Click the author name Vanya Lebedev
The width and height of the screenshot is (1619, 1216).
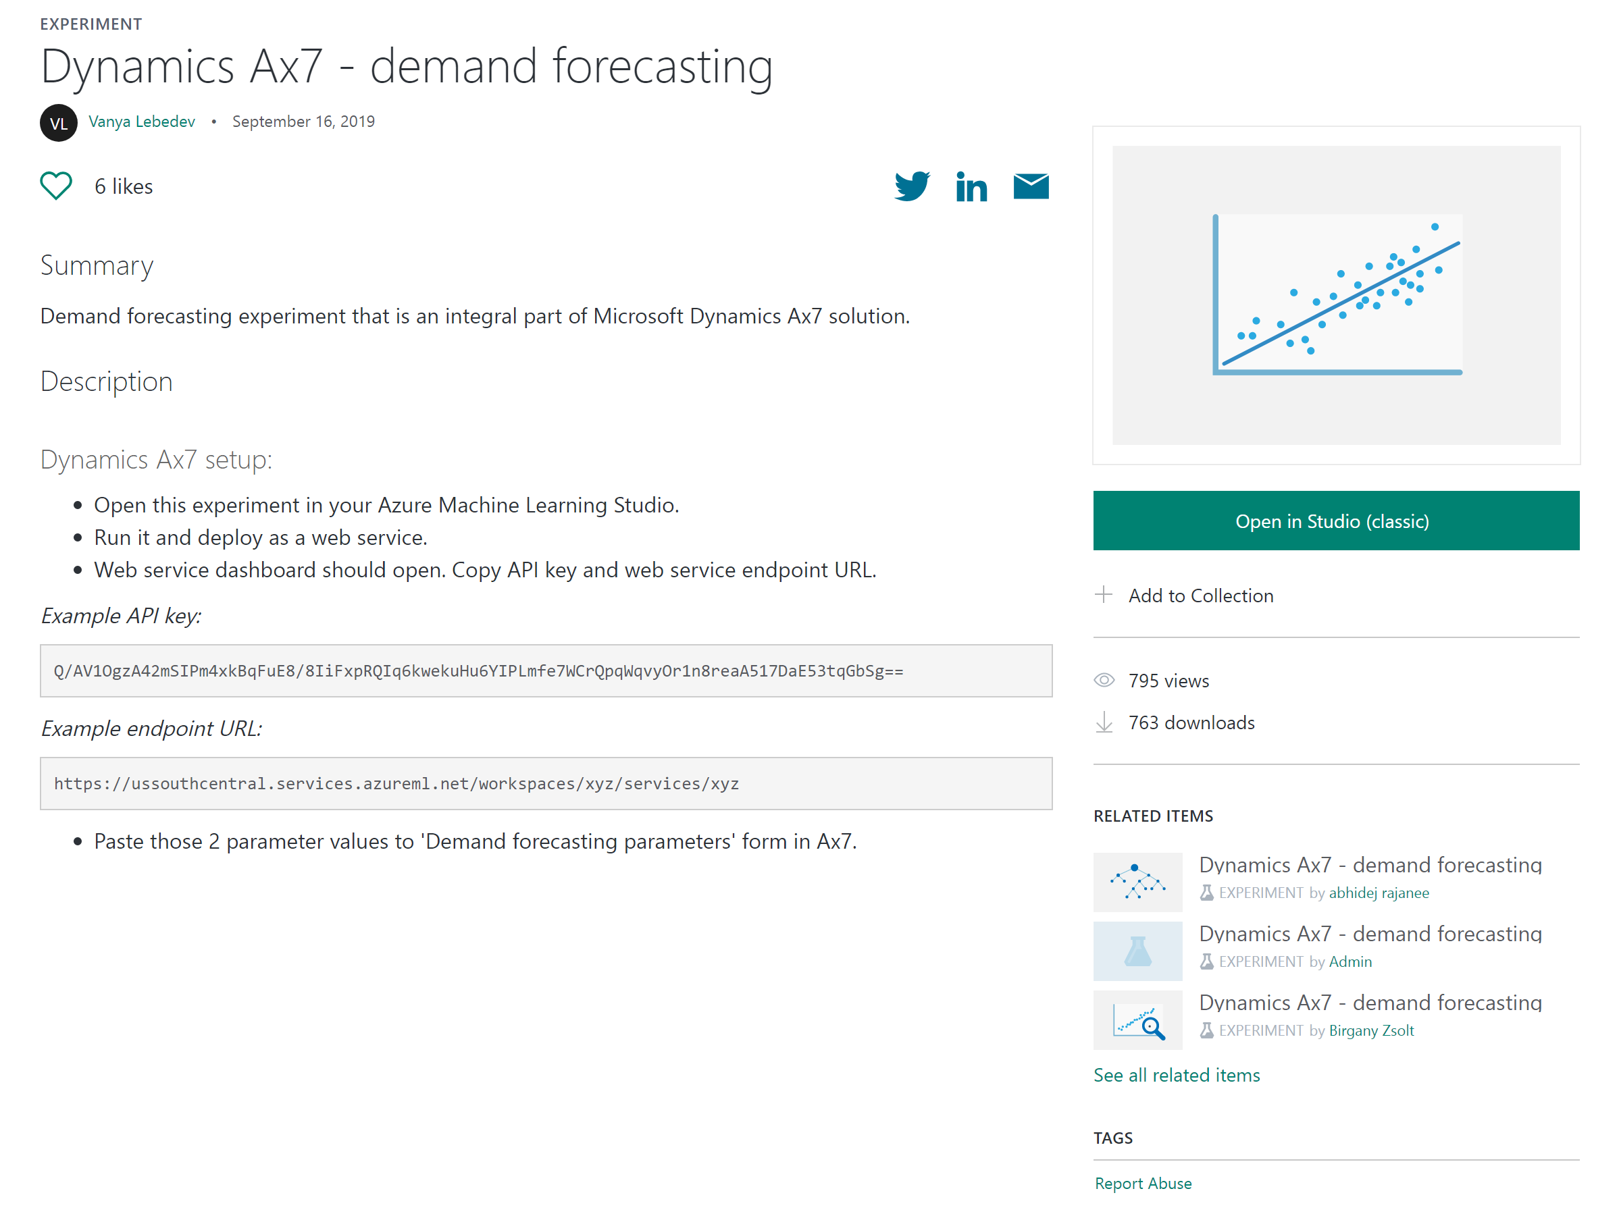(141, 122)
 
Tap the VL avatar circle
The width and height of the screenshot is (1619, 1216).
(59, 123)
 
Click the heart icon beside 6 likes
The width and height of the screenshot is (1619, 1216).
(55, 186)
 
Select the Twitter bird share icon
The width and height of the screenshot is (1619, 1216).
(912, 186)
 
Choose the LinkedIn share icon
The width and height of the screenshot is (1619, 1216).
(971, 186)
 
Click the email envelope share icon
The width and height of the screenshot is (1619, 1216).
(1031, 186)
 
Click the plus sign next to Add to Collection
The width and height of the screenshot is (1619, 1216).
(1104, 594)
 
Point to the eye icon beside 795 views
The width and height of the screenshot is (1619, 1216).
(1104, 681)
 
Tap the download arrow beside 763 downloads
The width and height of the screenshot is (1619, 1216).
(1104, 723)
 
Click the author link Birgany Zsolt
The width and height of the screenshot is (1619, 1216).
(1371, 1030)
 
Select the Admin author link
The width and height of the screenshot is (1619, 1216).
(1350, 961)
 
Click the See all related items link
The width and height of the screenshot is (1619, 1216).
(1176, 1075)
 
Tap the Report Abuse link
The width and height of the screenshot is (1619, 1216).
(1143, 1183)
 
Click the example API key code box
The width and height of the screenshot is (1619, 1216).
(546, 671)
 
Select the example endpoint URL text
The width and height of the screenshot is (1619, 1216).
(396, 784)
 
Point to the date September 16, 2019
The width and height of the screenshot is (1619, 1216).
(303, 122)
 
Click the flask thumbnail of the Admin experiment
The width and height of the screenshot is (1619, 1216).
(1137, 951)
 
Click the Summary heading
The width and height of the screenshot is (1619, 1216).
(97, 265)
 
